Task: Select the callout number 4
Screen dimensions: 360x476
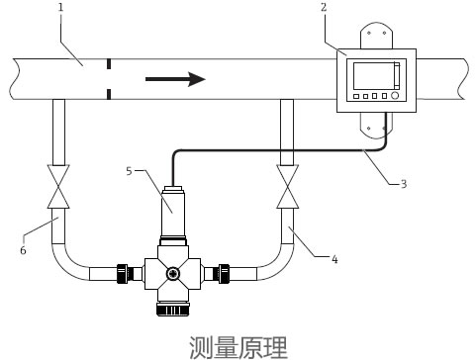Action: [333, 259]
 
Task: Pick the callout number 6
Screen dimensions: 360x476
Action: [22, 251]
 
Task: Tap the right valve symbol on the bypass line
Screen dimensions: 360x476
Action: [288, 185]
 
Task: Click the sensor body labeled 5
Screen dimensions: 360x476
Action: [173, 206]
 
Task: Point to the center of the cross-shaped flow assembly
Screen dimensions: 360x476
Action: [173, 273]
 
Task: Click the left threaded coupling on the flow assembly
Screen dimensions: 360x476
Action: [126, 272]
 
